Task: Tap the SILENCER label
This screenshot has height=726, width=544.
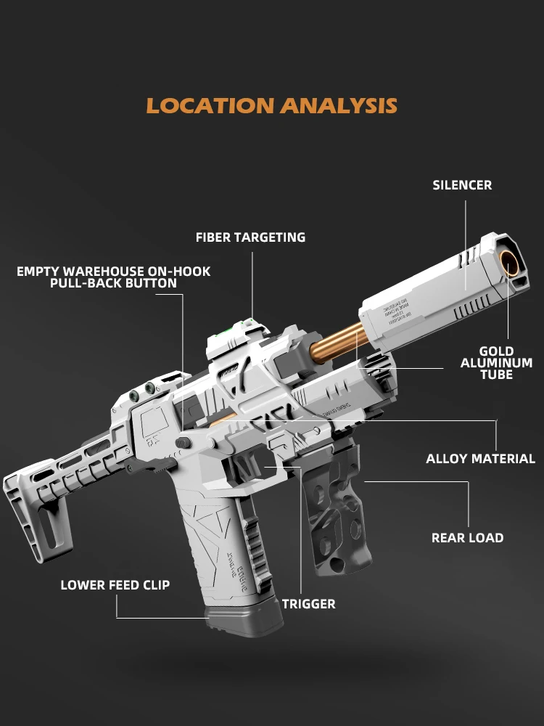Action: (462, 185)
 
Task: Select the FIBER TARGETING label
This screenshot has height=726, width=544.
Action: (250, 237)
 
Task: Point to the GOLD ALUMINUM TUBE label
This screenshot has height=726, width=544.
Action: (496, 363)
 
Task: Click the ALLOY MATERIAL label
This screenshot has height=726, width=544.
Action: (480, 459)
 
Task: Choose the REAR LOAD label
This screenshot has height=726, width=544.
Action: (467, 538)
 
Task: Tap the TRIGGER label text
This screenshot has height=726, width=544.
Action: (308, 604)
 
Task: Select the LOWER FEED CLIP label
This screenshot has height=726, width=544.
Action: (115, 585)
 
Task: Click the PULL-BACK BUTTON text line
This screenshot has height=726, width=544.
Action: (113, 284)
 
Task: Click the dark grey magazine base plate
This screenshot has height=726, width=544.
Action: (244, 622)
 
